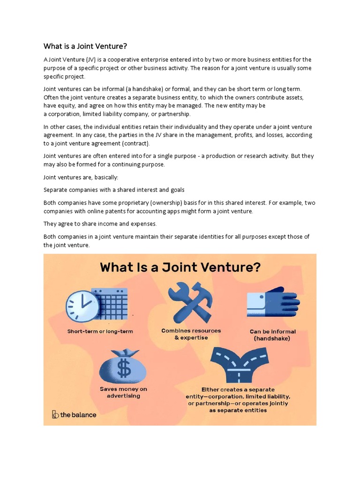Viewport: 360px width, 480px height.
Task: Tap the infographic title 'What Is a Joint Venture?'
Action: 180,268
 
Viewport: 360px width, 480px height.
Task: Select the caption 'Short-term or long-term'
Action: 100,331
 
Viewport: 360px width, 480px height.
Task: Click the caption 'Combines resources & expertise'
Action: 191,334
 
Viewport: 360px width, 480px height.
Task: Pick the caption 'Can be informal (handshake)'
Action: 272,335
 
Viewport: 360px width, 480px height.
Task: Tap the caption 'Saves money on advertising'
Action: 123,392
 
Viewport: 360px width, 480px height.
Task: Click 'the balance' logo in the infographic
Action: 74,414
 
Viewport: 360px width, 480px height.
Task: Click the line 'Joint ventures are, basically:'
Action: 79,177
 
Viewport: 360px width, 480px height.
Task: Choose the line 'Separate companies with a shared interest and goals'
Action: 114,190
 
